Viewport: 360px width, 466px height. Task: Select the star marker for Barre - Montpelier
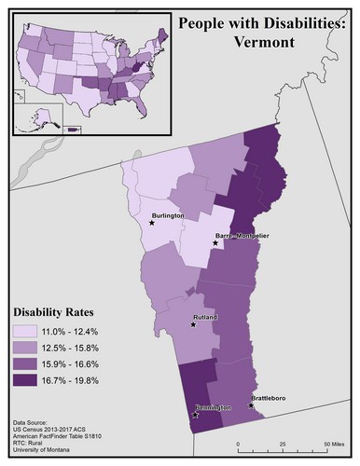pyautogui.click(x=216, y=243)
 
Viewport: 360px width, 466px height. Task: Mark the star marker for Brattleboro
pyautogui.click(x=250, y=405)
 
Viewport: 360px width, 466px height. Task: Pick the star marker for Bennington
pyautogui.click(x=194, y=416)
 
